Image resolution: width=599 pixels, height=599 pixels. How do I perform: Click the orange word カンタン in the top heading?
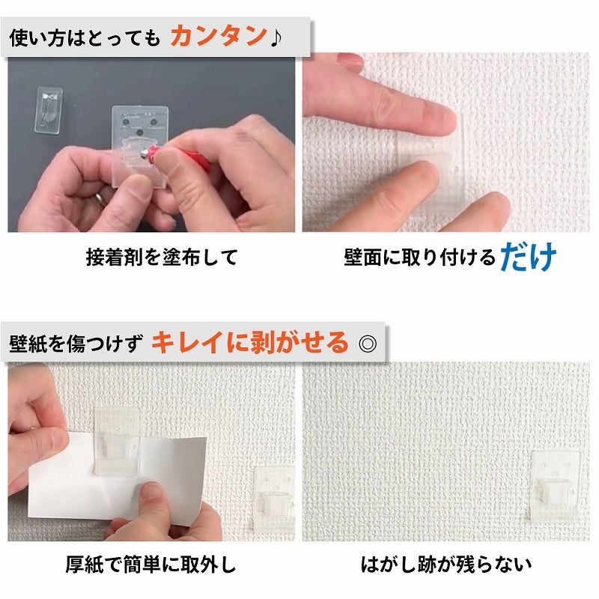pos(218,36)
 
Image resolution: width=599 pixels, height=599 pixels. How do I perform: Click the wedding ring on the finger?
pos(100,198)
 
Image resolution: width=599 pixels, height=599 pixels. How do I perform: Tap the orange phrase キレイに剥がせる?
pos(250,343)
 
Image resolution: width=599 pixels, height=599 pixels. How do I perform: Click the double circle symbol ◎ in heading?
pos(367,344)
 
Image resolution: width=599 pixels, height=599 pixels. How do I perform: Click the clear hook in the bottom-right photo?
pos(556,485)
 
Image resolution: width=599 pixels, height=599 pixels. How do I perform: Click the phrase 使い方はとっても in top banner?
pos(85,37)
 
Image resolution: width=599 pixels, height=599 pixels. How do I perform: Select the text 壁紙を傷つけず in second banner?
pos(75,344)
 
